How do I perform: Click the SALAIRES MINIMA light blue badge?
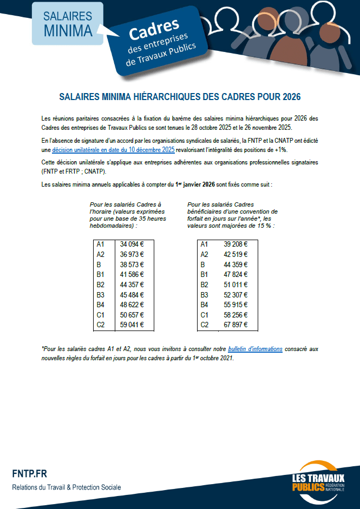(x=68, y=23)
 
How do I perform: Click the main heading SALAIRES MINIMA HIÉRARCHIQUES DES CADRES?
(x=180, y=97)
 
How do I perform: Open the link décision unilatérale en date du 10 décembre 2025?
(x=113, y=149)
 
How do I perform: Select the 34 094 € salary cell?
(x=132, y=244)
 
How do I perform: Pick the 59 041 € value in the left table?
(x=132, y=325)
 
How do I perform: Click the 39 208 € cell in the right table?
(x=235, y=244)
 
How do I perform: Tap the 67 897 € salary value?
(x=235, y=325)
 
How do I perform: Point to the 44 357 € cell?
(x=132, y=285)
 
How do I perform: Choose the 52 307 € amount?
(x=235, y=295)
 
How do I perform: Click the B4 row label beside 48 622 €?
(x=100, y=305)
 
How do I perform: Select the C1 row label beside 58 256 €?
(x=204, y=315)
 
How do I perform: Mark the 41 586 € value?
(x=132, y=275)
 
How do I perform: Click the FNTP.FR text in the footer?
(x=29, y=474)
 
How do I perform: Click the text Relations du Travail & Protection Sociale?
(x=67, y=487)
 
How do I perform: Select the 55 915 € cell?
(x=235, y=305)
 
